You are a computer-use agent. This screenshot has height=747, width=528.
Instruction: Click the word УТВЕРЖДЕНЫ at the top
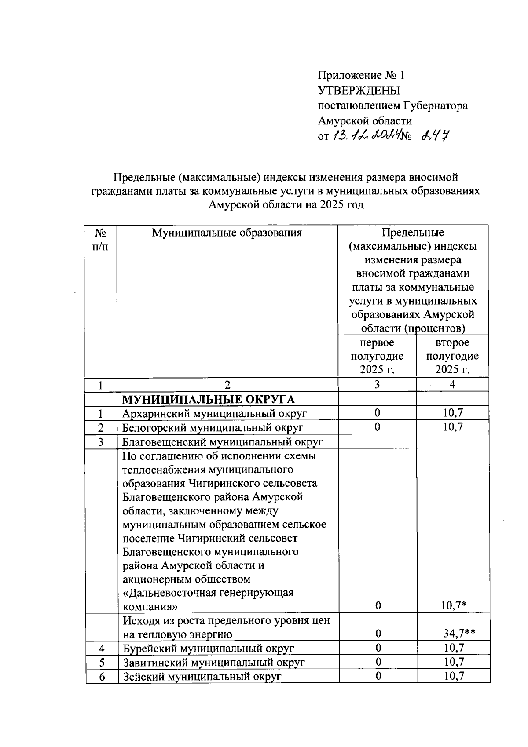359,91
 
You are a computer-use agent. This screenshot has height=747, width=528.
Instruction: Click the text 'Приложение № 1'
361,75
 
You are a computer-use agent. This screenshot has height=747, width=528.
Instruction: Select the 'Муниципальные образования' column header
227,233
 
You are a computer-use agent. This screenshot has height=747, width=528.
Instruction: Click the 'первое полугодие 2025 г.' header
377,356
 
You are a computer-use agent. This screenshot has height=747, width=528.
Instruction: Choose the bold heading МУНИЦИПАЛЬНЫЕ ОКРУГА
208,399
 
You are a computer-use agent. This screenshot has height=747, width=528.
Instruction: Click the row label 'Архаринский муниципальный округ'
215,413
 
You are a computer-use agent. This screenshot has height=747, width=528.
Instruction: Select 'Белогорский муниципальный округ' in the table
213,427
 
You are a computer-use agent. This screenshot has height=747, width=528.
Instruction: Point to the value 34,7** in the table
459,634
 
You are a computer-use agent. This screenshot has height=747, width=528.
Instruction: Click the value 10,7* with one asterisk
454,606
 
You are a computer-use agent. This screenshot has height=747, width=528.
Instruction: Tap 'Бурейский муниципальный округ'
208,648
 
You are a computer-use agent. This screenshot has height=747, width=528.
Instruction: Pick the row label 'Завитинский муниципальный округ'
214,662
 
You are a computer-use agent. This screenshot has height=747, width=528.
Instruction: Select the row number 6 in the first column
102,677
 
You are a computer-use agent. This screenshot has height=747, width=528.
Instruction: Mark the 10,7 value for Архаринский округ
453,413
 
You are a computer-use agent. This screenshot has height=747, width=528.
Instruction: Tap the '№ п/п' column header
101,239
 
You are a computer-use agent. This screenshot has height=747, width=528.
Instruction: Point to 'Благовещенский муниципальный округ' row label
223,441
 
